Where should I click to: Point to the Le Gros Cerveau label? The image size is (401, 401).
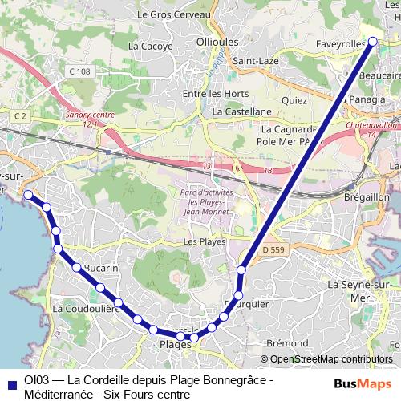click(x=173, y=14)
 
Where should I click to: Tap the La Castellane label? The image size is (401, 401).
click(x=243, y=112)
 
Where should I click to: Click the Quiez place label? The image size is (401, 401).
click(x=294, y=101)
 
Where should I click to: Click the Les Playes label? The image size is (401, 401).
click(x=204, y=241)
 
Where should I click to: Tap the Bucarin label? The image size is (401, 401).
click(x=99, y=268)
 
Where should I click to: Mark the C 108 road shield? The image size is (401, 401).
click(x=79, y=71)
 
